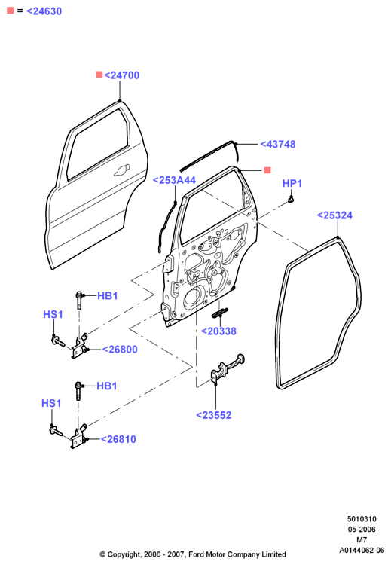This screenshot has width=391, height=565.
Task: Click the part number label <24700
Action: click(x=122, y=75)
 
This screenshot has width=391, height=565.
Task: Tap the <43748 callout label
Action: click(x=278, y=144)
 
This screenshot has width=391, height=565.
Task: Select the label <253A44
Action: click(x=175, y=180)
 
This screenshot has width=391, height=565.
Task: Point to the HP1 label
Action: click(x=292, y=183)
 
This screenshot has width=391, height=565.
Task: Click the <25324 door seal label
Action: click(x=334, y=215)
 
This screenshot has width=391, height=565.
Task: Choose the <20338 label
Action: click(x=218, y=331)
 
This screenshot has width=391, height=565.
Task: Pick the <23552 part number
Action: click(x=214, y=415)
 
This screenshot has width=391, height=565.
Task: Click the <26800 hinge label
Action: click(x=120, y=350)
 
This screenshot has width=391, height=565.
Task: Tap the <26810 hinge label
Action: click(x=118, y=439)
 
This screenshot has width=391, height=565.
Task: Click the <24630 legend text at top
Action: click(x=44, y=11)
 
